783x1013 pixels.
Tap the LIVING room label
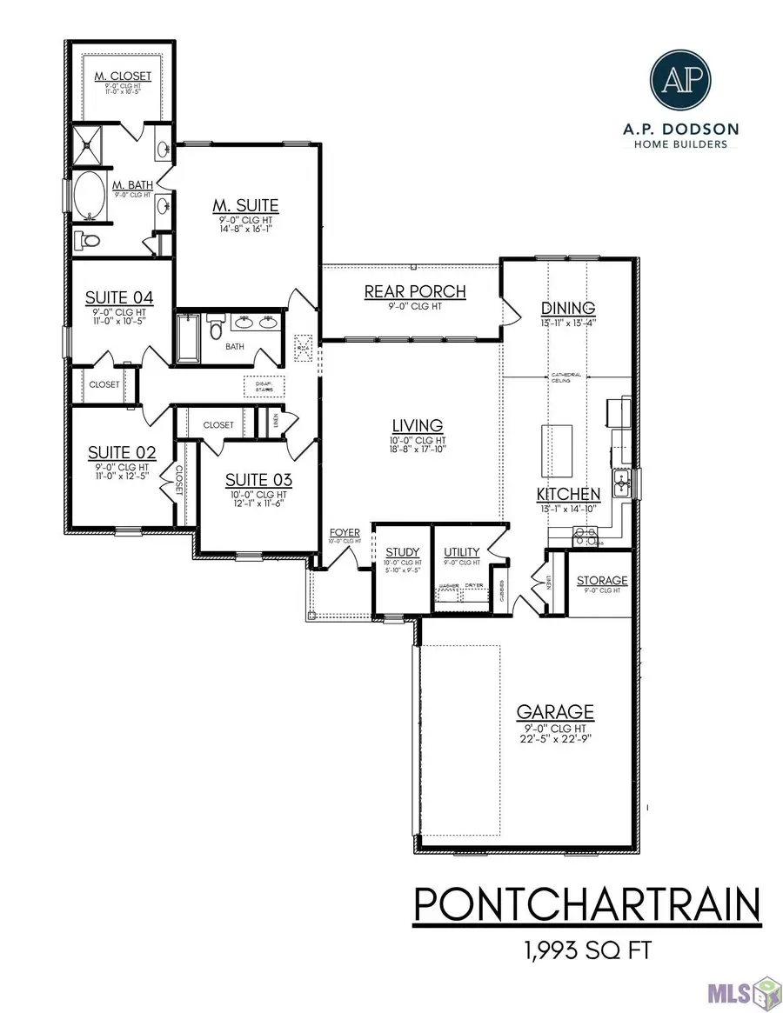click(x=418, y=425)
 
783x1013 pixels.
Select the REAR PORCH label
click(x=415, y=291)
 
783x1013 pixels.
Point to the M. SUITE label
click(x=245, y=205)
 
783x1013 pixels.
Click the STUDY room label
click(x=402, y=551)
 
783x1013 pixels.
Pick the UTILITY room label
click(x=461, y=551)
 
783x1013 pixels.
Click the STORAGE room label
click(x=602, y=580)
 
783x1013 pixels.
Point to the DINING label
click(x=567, y=308)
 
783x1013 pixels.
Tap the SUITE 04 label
click(x=119, y=298)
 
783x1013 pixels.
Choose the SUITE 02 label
click(x=122, y=452)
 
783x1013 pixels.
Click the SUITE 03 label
click(x=258, y=479)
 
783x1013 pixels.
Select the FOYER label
click(x=344, y=532)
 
